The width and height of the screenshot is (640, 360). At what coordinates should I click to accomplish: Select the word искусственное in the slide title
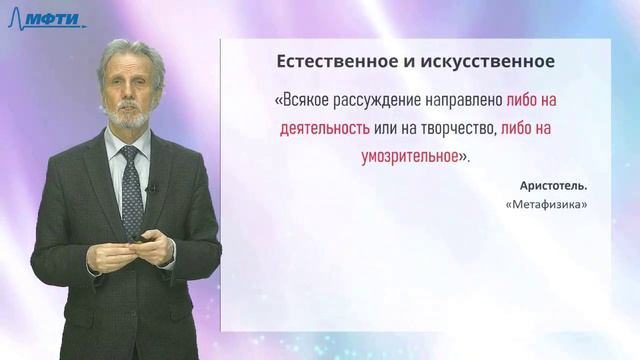pyautogui.click(x=494, y=62)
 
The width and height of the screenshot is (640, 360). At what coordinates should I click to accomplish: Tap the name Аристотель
pyautogui.click(x=554, y=187)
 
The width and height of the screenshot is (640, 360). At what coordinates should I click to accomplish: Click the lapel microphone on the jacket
pyautogui.click(x=150, y=187)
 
